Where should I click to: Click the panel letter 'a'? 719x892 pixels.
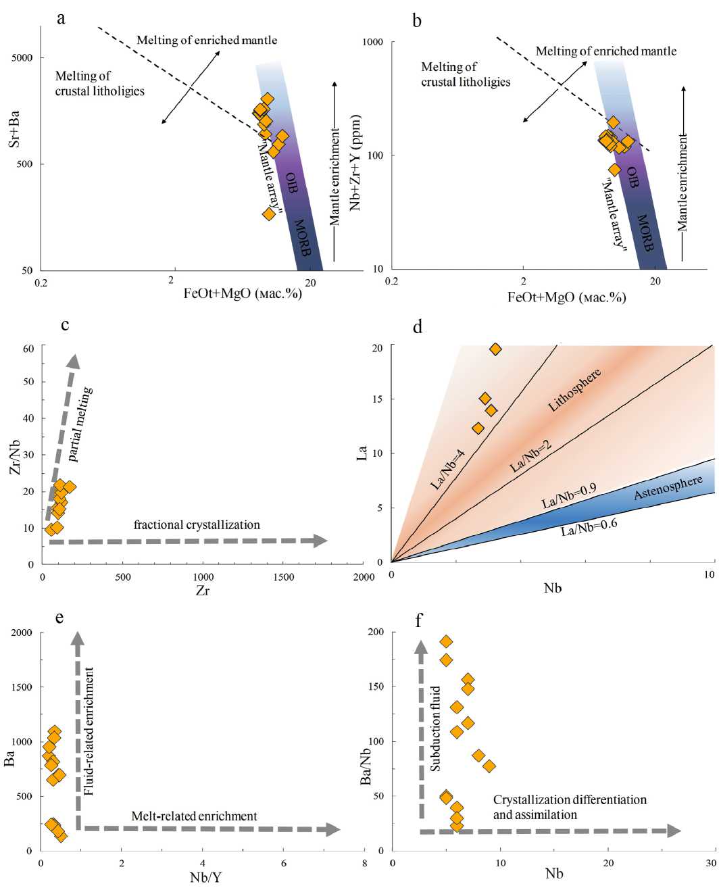click(x=61, y=18)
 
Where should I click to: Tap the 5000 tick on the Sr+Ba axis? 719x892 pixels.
click(x=22, y=58)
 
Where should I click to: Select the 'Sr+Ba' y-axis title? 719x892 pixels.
click(x=14, y=129)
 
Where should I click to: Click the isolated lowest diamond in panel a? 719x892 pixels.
click(x=269, y=214)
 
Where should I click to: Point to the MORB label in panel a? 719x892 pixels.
click(x=301, y=237)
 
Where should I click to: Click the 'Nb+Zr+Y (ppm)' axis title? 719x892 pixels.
click(x=355, y=162)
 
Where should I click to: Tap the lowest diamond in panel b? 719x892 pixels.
click(x=614, y=170)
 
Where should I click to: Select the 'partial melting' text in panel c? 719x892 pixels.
click(x=80, y=424)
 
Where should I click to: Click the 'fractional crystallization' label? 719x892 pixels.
click(x=197, y=525)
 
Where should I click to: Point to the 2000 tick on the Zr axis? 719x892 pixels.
click(x=364, y=577)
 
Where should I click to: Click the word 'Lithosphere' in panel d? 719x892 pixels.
click(x=574, y=391)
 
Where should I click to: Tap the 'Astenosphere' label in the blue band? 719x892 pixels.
click(x=668, y=487)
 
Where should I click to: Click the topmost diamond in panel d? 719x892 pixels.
click(x=495, y=349)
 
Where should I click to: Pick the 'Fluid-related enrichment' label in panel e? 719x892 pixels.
click(x=89, y=730)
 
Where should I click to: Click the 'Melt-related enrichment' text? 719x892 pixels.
click(x=194, y=816)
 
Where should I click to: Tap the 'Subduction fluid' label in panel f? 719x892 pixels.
click(x=435, y=728)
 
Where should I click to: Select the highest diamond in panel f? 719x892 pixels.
click(x=446, y=641)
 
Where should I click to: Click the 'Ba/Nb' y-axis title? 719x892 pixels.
click(x=366, y=766)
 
